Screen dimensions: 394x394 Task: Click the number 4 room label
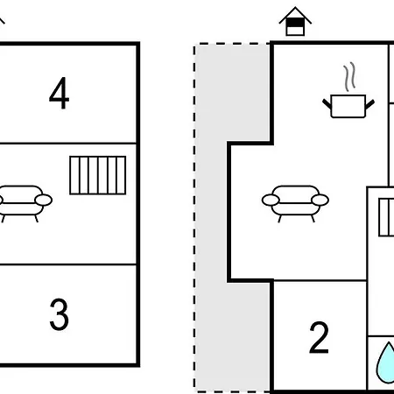60,94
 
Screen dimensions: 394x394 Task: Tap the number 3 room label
60,314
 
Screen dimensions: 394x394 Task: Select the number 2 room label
319,338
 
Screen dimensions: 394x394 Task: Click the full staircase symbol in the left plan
98,175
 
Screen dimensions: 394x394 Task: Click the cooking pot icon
348,106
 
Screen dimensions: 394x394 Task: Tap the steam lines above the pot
349,76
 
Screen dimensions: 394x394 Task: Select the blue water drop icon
386,362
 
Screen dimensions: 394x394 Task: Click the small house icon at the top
295,21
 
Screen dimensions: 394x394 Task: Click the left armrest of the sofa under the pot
271,201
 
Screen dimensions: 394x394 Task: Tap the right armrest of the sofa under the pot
320,201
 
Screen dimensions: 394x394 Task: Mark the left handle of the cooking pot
327,103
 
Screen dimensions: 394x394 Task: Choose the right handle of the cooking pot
370,104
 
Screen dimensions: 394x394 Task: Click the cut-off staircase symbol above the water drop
386,217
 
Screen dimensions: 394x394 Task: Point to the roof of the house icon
295,15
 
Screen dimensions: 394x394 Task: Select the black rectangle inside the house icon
295,23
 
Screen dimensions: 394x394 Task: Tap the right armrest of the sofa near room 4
44,201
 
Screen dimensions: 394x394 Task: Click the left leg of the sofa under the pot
279,219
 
